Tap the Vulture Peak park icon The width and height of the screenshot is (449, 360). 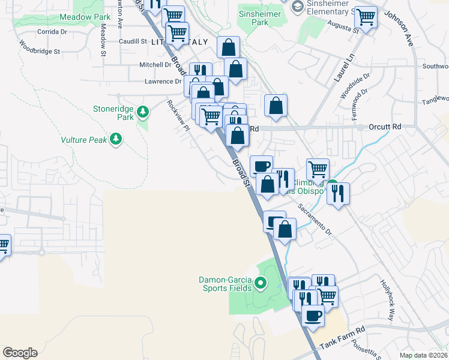(116, 140)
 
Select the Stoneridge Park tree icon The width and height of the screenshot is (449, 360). (142, 112)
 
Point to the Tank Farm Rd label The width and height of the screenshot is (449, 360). (343, 331)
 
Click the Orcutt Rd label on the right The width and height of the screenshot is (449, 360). (385, 127)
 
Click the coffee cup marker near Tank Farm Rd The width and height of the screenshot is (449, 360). (313, 314)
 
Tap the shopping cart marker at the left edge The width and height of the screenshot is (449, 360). (3, 245)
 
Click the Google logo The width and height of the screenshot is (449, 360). (20, 353)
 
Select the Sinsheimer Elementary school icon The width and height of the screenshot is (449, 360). (297, 6)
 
